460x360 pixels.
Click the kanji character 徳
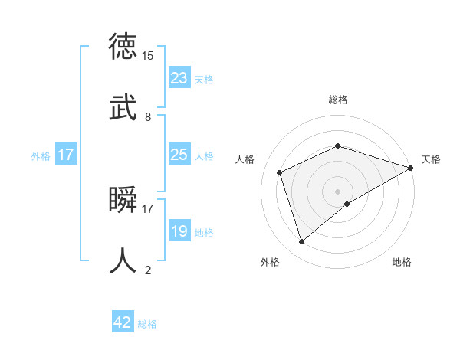(x=124, y=47)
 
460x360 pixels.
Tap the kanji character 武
(x=124, y=106)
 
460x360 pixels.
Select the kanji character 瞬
(x=124, y=201)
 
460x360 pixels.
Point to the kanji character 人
(x=124, y=260)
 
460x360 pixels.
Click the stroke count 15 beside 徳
(x=148, y=56)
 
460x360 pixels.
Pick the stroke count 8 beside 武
(x=147, y=117)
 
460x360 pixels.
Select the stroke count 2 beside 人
(x=147, y=270)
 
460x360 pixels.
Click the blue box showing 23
(x=179, y=78)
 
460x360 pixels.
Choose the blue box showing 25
(x=179, y=155)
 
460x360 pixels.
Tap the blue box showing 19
(x=179, y=231)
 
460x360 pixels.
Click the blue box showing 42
(x=122, y=322)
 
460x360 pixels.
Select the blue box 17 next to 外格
(x=66, y=155)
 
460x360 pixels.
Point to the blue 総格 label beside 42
(x=147, y=324)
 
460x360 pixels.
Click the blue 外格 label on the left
(x=41, y=156)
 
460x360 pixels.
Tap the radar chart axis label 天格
(x=431, y=159)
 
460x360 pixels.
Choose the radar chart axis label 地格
(x=402, y=262)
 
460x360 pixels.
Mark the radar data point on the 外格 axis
(x=302, y=241)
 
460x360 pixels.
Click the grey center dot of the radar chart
(x=337, y=191)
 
